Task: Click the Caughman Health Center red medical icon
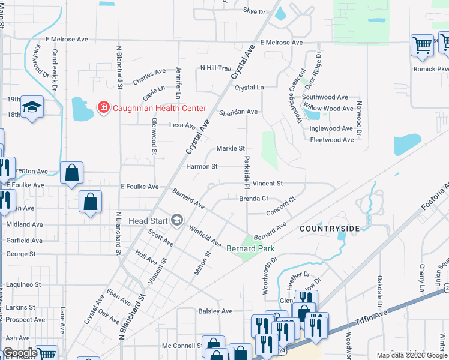click(103, 108)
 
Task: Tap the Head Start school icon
click(176, 221)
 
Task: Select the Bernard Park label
click(250, 248)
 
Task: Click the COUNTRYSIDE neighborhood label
click(330, 229)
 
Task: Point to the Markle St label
click(231, 148)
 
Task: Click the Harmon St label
click(202, 166)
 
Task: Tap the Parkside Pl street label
click(246, 170)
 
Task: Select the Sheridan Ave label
click(238, 112)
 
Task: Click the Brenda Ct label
click(253, 199)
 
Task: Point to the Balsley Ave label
click(215, 311)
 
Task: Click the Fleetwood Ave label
click(332, 140)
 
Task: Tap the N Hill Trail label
click(215, 68)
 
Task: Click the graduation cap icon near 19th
click(32, 107)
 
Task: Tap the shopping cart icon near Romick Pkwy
click(422, 44)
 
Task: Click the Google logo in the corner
click(20, 353)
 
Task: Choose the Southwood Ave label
click(325, 97)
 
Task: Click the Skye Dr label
click(254, 11)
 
